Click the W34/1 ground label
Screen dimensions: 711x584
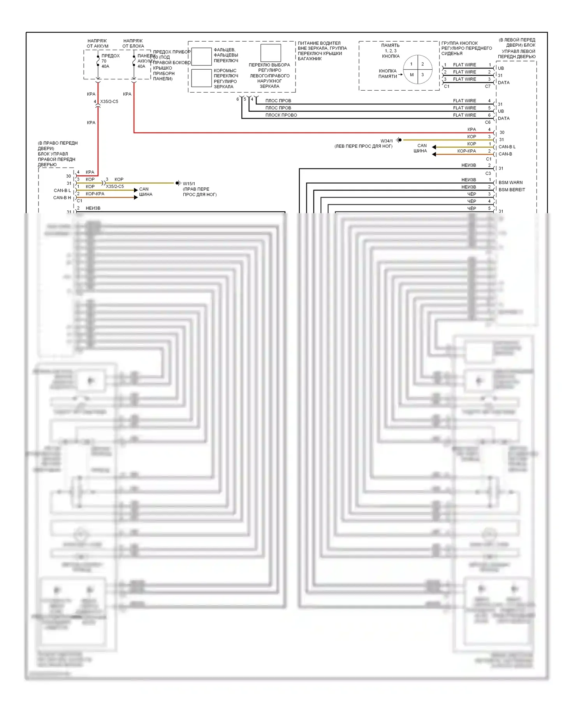click(386, 141)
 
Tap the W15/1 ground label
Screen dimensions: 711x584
click(189, 184)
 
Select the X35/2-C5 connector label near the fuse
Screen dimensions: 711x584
click(109, 102)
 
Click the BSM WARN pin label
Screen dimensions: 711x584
click(510, 182)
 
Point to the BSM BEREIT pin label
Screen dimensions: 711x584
click(512, 190)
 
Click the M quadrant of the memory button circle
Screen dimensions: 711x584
click(412, 75)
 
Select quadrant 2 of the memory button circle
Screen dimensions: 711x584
click(423, 64)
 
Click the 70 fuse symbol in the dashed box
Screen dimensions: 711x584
click(98, 61)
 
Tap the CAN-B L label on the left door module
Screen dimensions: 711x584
click(62, 191)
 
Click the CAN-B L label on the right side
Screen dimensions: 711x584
click(507, 147)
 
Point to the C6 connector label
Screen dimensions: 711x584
click(487, 122)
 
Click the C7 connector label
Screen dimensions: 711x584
click(487, 86)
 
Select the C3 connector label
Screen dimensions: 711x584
click(488, 173)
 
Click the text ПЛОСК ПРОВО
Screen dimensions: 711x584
click(281, 115)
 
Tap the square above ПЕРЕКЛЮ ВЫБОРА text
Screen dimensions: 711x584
click(271, 53)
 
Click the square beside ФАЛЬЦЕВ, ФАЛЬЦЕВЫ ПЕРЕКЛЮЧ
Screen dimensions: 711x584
click(201, 57)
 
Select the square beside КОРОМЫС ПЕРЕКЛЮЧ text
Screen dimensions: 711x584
click(201, 78)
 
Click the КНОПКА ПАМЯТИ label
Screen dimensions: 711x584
click(387, 74)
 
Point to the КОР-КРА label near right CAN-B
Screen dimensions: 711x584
click(466, 151)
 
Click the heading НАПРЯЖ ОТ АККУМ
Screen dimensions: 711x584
click(97, 43)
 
